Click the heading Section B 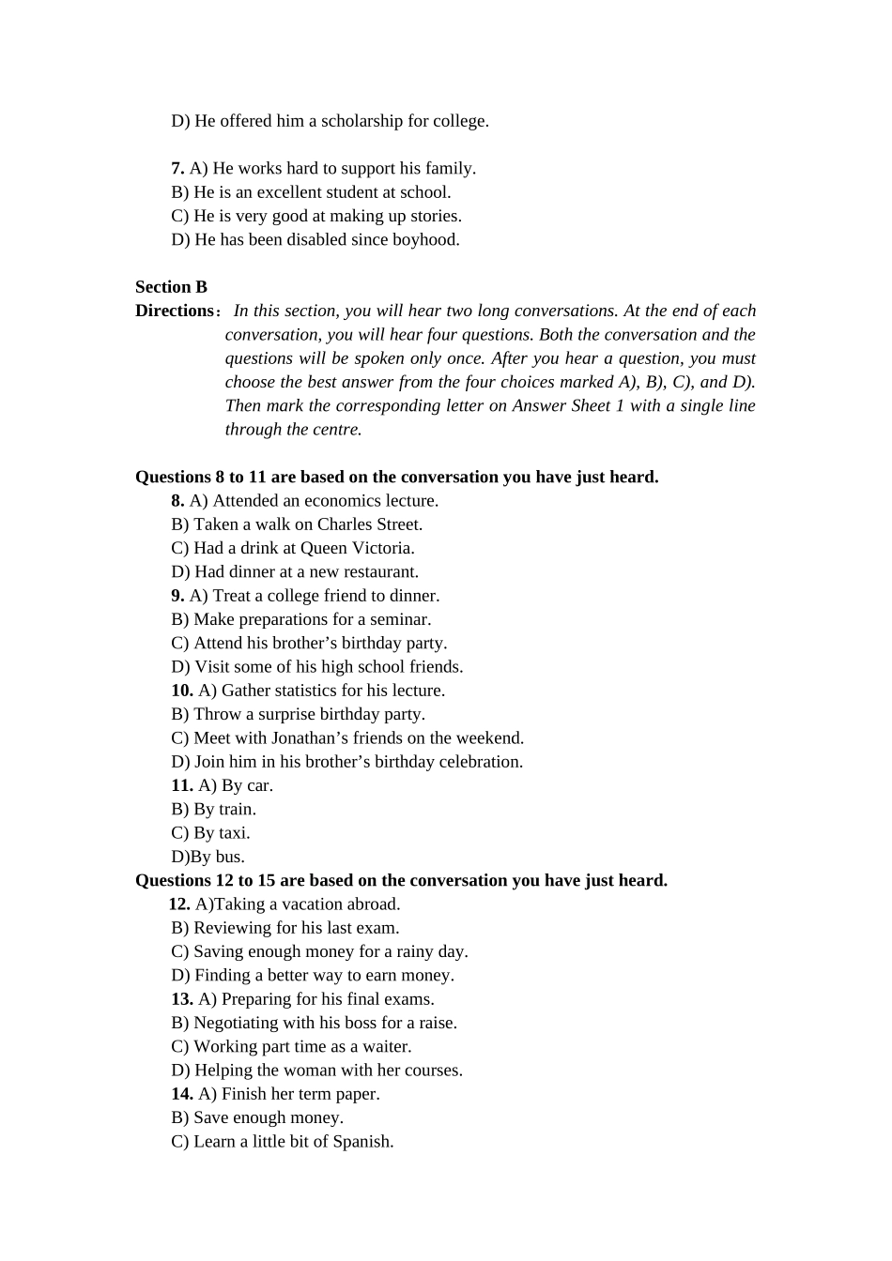click(171, 287)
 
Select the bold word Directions click(175, 311)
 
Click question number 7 click(177, 169)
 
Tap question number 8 click(177, 501)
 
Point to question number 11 click(182, 785)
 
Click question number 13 click(182, 999)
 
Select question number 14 click(182, 1094)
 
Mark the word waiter click(386, 1047)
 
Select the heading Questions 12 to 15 click(401, 881)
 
